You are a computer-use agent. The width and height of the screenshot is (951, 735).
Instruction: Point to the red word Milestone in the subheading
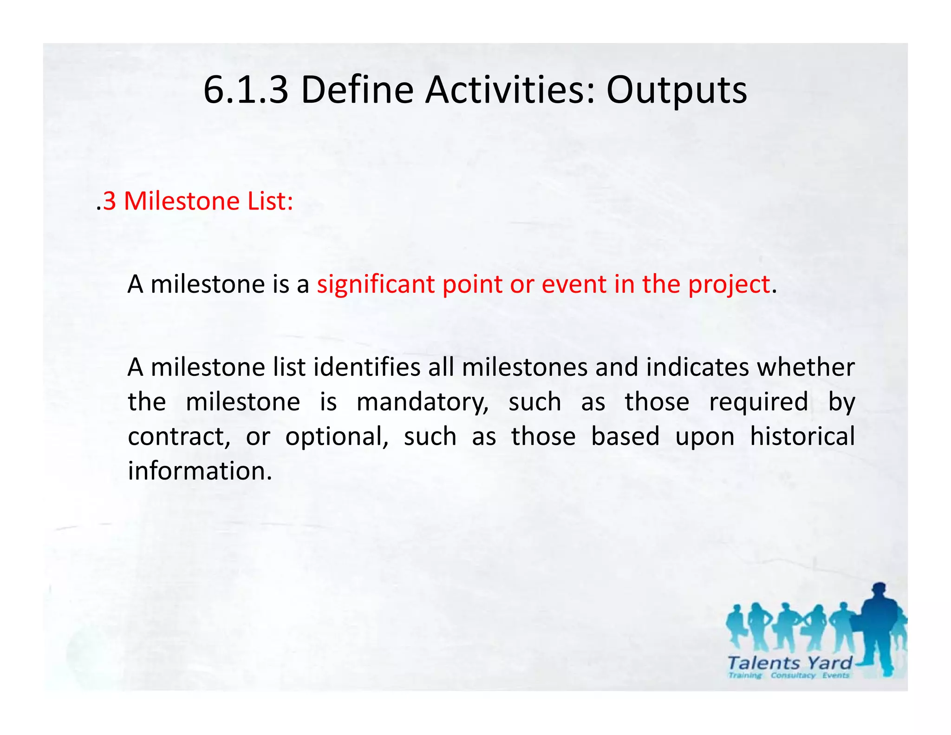tap(182, 201)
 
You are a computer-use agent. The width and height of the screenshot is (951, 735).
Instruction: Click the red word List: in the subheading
tap(270, 201)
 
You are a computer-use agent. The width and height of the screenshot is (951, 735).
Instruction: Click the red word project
tap(729, 284)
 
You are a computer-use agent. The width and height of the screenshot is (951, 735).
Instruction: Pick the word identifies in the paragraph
tap(367, 367)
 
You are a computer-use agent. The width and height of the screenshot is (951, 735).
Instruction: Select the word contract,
tap(179, 437)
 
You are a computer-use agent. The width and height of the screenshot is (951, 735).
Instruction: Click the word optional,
tap(337, 437)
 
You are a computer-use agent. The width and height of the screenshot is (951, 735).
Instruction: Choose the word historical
tap(802, 437)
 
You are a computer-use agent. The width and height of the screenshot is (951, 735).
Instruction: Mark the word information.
tap(200, 471)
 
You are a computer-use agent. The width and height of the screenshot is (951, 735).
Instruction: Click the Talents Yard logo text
tap(789, 663)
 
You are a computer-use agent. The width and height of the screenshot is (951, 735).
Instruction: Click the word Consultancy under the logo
tap(793, 676)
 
